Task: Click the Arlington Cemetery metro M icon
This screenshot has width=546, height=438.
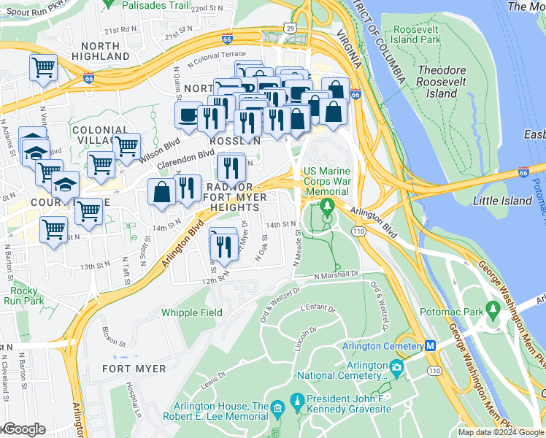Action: pos(431,346)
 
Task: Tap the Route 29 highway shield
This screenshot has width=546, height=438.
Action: pos(290,28)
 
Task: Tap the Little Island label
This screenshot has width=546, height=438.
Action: pos(502,201)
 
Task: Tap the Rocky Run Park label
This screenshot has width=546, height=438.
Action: pos(23,296)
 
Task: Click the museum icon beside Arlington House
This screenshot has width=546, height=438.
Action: pos(278,407)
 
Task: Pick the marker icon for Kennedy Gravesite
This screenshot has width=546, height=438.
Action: pos(296,400)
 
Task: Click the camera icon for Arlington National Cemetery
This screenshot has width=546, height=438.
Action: pos(396,366)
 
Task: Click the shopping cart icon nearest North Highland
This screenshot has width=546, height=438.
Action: pos(43,68)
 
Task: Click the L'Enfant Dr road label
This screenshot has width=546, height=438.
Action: pos(318,308)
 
